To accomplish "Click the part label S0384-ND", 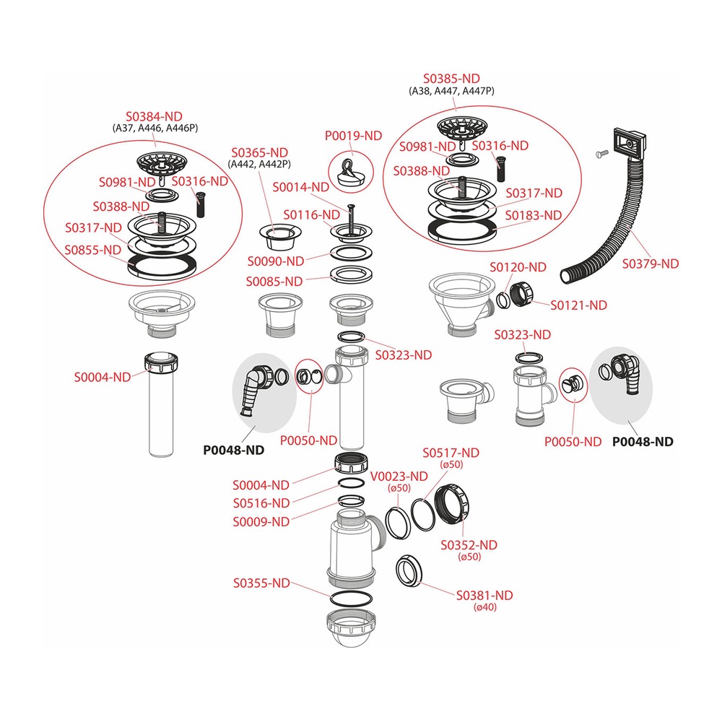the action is tap(155, 116).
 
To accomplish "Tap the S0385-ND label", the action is tap(452, 79).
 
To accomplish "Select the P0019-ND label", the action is tap(354, 136).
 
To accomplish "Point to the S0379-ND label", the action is tap(651, 264).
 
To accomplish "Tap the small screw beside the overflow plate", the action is tap(602, 153).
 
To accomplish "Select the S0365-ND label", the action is tap(260, 152).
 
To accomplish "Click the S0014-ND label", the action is tap(301, 188).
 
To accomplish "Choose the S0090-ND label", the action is tap(276, 261).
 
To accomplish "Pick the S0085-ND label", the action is tap(274, 282).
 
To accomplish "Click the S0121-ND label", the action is tap(579, 305).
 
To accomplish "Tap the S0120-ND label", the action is tap(518, 267).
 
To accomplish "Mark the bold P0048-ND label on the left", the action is tap(234, 450).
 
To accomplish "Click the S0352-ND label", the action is tap(469, 545).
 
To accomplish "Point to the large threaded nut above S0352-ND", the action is tap(453, 504).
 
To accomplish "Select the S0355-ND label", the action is tap(261, 583).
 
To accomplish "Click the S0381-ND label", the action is tap(484, 596).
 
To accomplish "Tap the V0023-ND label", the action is tap(399, 477).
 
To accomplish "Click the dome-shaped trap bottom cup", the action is tap(350, 629).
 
